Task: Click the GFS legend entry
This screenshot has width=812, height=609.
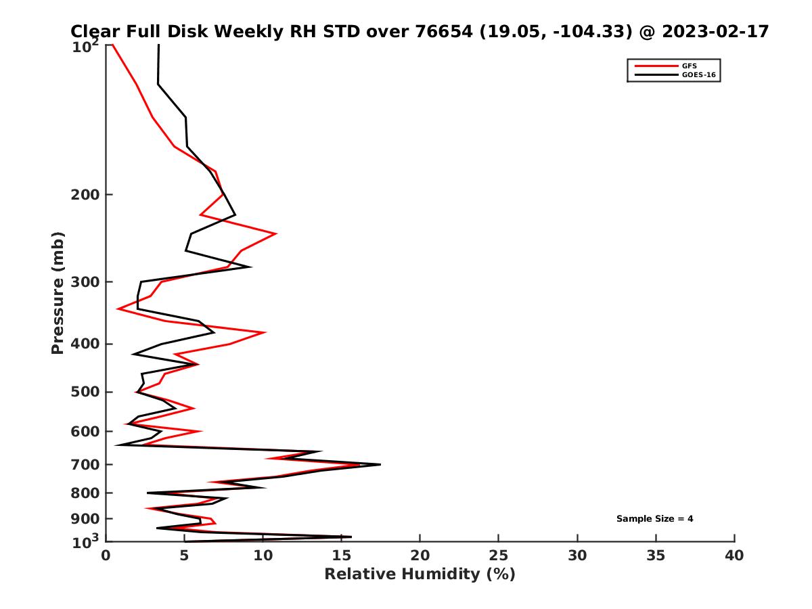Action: pyautogui.click(x=687, y=66)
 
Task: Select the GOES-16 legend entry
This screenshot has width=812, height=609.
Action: pyautogui.click(x=697, y=74)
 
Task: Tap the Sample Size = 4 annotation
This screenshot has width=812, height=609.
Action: pyautogui.click(x=654, y=518)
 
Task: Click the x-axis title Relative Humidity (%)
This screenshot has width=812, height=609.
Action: pyautogui.click(x=420, y=574)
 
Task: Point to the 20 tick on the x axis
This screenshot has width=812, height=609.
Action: pyautogui.click(x=420, y=556)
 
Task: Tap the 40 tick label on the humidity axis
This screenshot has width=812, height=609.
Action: pyautogui.click(x=734, y=556)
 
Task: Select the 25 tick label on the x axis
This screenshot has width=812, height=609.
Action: pyautogui.click(x=499, y=556)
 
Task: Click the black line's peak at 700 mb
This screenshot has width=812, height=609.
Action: pyautogui.click(x=380, y=464)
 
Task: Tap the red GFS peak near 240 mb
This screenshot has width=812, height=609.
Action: pyautogui.click(x=275, y=233)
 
